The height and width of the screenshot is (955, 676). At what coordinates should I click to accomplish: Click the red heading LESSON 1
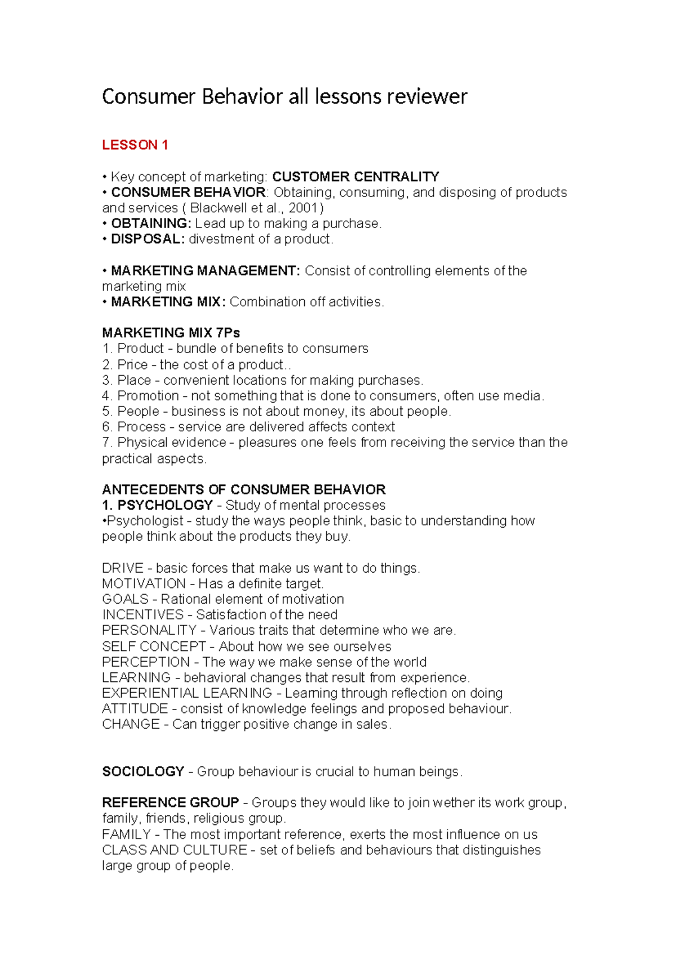[x=135, y=145]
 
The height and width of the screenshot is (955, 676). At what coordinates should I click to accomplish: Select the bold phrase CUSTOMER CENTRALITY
[x=355, y=177]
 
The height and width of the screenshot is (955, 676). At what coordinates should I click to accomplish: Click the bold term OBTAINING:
[x=151, y=224]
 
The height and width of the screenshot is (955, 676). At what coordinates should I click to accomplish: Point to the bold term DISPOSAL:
[x=148, y=239]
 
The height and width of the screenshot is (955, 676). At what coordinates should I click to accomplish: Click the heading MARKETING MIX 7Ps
[x=171, y=333]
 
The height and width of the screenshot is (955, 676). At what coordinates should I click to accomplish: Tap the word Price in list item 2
[x=132, y=364]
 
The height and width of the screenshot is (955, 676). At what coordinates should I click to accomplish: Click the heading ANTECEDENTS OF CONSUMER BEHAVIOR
[x=243, y=489]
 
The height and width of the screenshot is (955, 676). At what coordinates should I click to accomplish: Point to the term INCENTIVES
[x=143, y=615]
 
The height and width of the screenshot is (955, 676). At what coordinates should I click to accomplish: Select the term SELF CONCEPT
[x=154, y=646]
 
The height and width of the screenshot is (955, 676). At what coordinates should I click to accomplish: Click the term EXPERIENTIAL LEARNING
[x=186, y=693]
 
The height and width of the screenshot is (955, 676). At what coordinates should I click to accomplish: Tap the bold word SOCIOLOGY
[x=143, y=771]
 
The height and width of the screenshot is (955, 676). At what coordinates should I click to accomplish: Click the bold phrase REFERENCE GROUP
[x=170, y=803]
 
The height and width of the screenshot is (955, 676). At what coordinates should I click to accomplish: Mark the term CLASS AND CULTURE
[x=174, y=850]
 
